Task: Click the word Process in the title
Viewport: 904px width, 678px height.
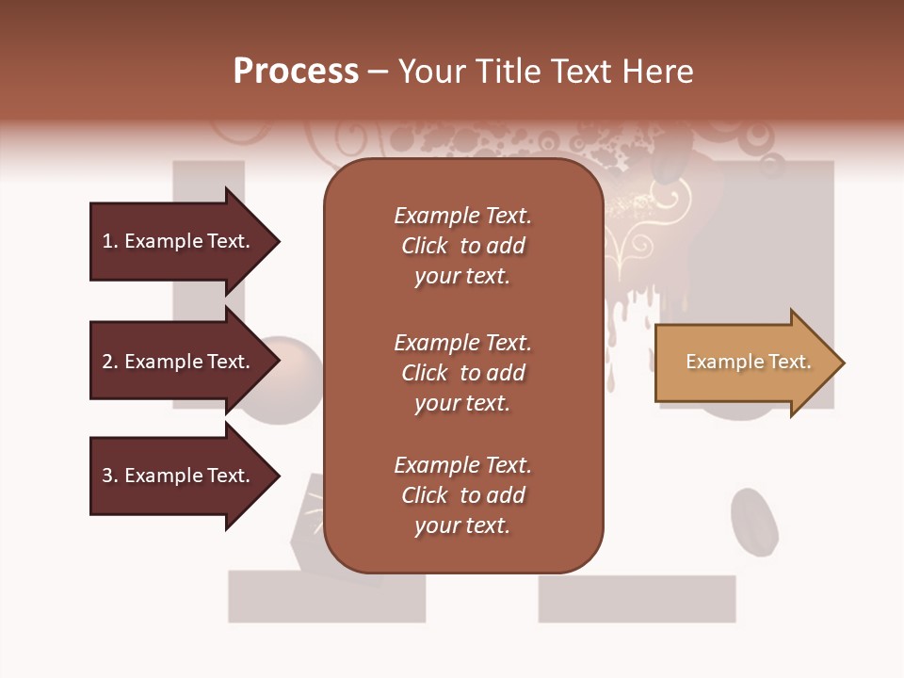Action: [296, 71]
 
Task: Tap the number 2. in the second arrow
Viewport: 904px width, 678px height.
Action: [110, 362]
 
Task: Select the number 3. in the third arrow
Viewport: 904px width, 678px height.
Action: [110, 476]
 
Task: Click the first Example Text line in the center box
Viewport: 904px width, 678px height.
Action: [462, 216]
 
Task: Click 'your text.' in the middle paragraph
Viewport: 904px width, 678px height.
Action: [462, 403]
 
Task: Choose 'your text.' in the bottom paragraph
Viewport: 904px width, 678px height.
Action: [462, 525]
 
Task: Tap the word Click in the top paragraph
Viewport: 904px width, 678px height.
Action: [424, 246]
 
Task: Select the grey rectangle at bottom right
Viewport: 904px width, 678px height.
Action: [637, 599]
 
